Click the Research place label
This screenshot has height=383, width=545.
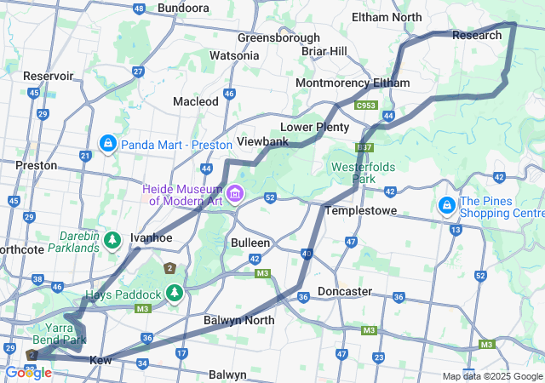pos(477,35)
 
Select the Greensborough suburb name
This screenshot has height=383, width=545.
pos(278,37)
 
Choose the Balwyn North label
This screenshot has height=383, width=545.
pos(239,320)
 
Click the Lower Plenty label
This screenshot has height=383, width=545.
pos(315,127)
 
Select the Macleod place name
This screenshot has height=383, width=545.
pos(196,101)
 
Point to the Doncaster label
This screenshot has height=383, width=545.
pos(345,291)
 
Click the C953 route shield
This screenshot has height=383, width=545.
pos(367,106)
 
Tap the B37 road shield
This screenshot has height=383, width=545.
pos(365,148)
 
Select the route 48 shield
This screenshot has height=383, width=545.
pos(139,9)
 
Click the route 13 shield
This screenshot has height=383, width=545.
pos(456,230)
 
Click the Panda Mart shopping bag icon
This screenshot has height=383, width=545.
pos(108,144)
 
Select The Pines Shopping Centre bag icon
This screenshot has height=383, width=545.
pos(446,205)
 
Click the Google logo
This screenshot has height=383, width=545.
pos(28,373)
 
